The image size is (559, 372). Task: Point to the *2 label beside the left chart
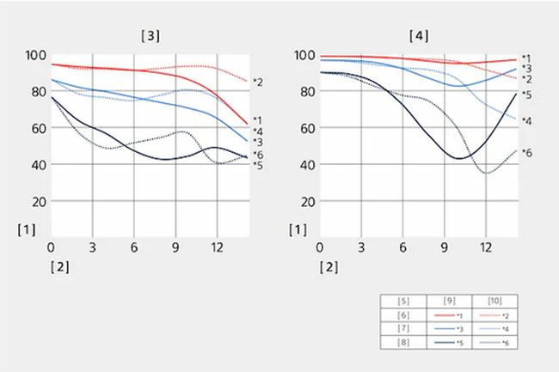click(257, 82)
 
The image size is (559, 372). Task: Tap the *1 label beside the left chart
click(257, 120)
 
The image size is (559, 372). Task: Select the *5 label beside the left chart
click(257, 164)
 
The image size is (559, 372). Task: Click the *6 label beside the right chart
click(526, 153)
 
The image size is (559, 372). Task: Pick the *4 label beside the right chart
click(526, 121)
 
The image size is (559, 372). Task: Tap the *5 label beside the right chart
click(526, 95)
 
